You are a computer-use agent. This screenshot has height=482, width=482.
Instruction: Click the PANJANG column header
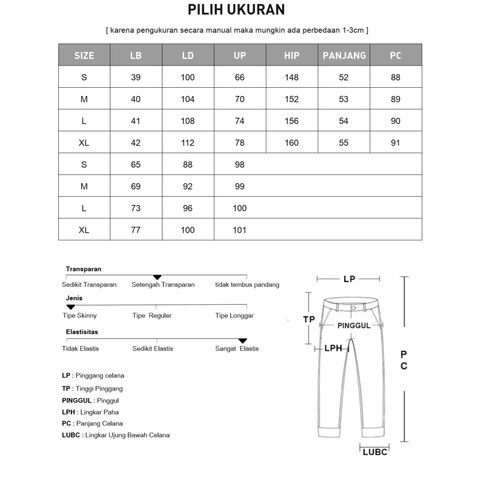click(344, 55)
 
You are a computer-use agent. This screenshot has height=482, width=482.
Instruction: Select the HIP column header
click(292, 55)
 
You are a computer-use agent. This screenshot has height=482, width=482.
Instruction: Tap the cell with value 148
click(292, 77)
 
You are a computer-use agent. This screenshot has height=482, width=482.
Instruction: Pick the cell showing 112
click(187, 143)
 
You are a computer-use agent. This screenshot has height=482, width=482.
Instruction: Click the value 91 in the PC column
click(395, 143)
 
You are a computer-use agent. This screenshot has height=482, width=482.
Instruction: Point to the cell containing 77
click(136, 230)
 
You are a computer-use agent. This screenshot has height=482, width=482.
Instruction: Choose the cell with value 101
click(240, 230)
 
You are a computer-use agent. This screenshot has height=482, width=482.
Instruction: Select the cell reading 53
click(344, 99)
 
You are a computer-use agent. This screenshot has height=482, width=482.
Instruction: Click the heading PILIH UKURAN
click(236, 10)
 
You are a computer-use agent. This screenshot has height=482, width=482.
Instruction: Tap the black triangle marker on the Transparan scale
click(157, 277)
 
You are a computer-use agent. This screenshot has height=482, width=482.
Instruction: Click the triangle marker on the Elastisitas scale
click(243, 341)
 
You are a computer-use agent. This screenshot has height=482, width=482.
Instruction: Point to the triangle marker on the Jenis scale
click(70, 307)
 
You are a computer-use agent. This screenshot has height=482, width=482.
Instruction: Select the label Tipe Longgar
click(234, 316)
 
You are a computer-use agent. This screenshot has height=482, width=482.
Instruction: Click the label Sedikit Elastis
click(152, 348)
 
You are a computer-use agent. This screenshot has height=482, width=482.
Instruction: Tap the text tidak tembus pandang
click(247, 284)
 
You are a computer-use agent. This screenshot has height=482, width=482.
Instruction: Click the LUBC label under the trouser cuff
click(375, 452)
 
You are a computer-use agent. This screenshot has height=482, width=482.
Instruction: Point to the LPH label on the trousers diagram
click(333, 348)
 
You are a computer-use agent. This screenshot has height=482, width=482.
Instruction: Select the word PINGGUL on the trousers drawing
click(354, 326)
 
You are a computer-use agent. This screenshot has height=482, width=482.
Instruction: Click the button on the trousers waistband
click(354, 308)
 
